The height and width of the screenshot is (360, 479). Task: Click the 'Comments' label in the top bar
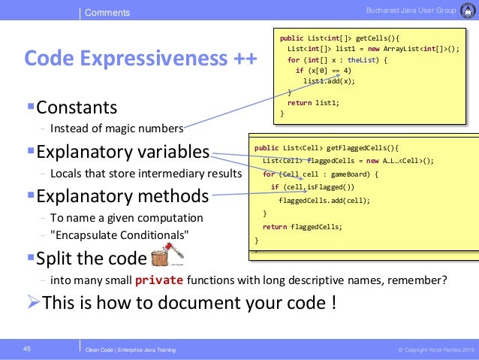[107, 13]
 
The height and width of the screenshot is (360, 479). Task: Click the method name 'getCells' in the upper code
[373, 37]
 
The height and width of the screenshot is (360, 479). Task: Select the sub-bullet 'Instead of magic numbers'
[116, 127]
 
